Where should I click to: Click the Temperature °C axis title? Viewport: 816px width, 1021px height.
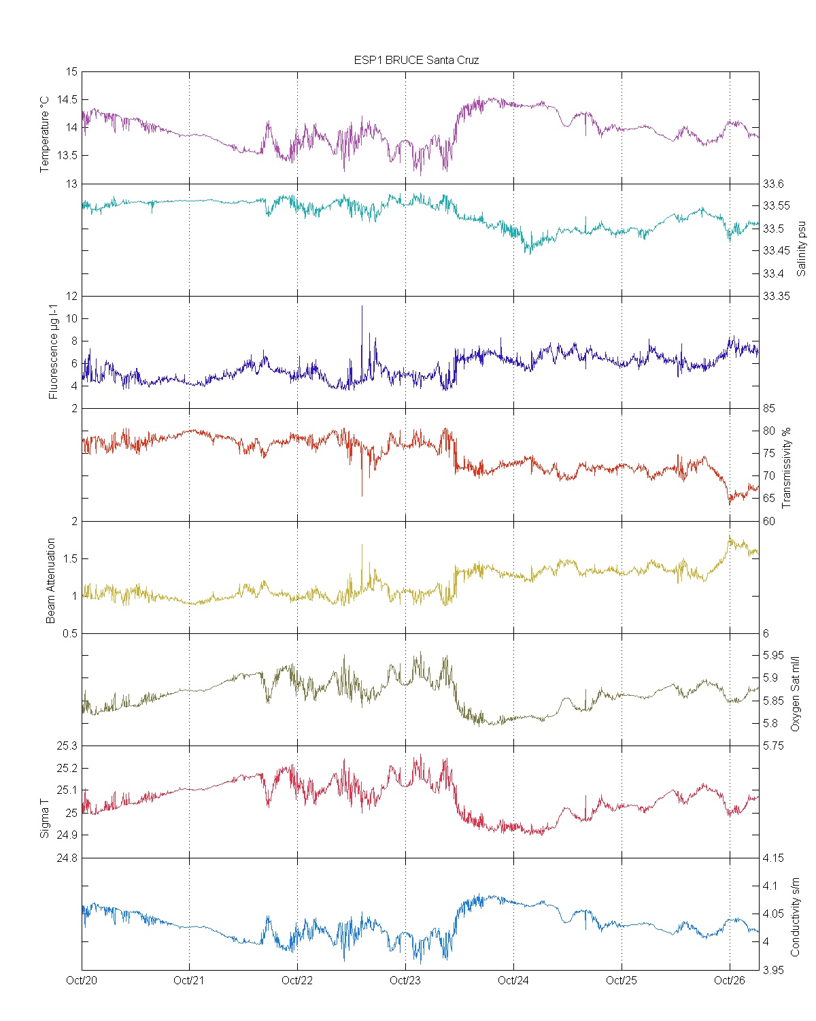pyautogui.click(x=45, y=134)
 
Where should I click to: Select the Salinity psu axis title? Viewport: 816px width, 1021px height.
pyautogui.click(x=801, y=248)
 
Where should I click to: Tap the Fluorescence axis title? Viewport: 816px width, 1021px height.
pyautogui.click(x=53, y=353)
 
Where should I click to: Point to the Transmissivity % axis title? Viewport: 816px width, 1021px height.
pyautogui.click(x=787, y=468)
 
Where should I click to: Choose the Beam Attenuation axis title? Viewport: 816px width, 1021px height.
pyautogui.click(x=50, y=581)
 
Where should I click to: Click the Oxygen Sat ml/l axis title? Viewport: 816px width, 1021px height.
pyautogui.click(x=795, y=694)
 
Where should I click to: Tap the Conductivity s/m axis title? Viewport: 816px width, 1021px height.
pyautogui.click(x=795, y=917)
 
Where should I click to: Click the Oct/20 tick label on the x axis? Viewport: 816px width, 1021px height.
pyautogui.click(x=82, y=980)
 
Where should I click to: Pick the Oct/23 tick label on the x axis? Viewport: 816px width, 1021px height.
pyautogui.click(x=405, y=980)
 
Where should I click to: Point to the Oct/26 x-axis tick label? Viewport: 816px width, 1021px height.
pyautogui.click(x=730, y=980)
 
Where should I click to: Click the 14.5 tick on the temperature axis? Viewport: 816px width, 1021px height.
pyautogui.click(x=67, y=100)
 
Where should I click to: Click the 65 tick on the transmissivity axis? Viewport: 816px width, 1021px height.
pyautogui.click(x=769, y=498)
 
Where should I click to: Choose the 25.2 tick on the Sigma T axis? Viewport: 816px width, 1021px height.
pyautogui.click(x=67, y=769)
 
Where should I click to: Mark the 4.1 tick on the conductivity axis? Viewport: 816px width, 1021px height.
pyautogui.click(x=770, y=886)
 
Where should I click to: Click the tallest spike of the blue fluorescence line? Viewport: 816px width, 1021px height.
pyautogui.click(x=362, y=306)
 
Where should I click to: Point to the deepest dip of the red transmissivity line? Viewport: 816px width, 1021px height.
pyautogui.click(x=362, y=496)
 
